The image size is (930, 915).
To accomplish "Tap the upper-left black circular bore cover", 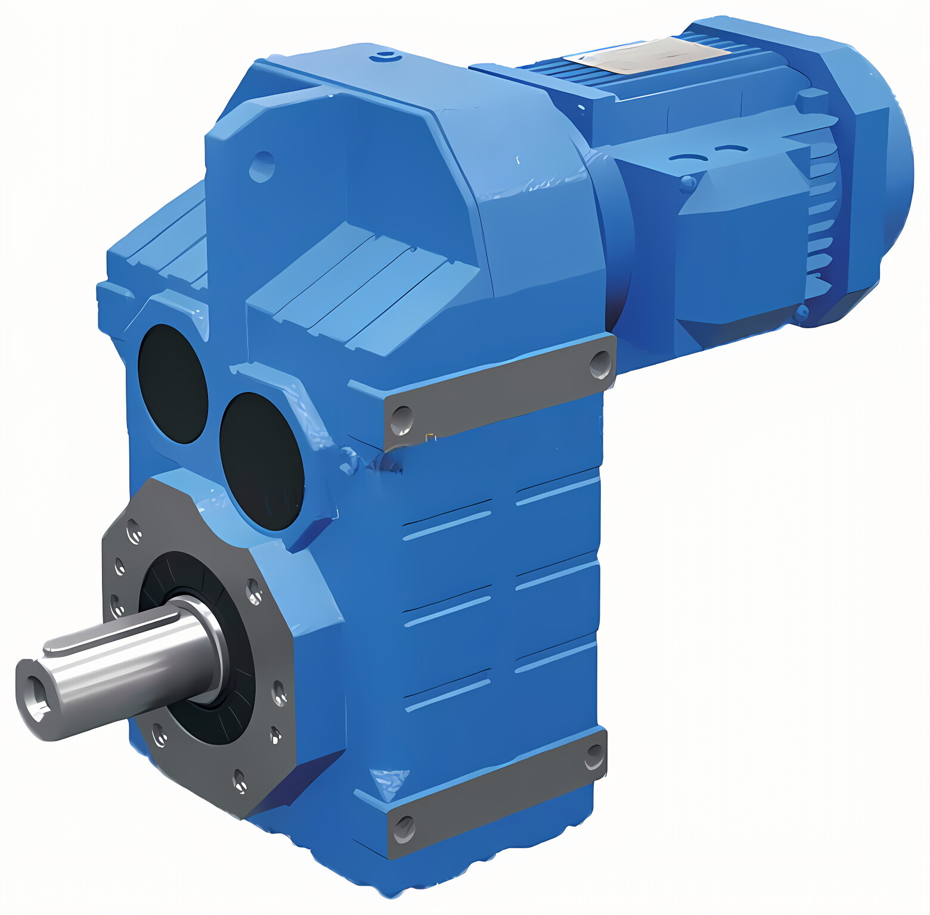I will (172, 384).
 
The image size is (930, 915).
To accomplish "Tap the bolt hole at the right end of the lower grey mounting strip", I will (594, 756).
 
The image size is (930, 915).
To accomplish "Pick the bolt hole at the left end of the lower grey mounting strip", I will (404, 827).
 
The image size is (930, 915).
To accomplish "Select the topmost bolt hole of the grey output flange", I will (132, 530).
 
